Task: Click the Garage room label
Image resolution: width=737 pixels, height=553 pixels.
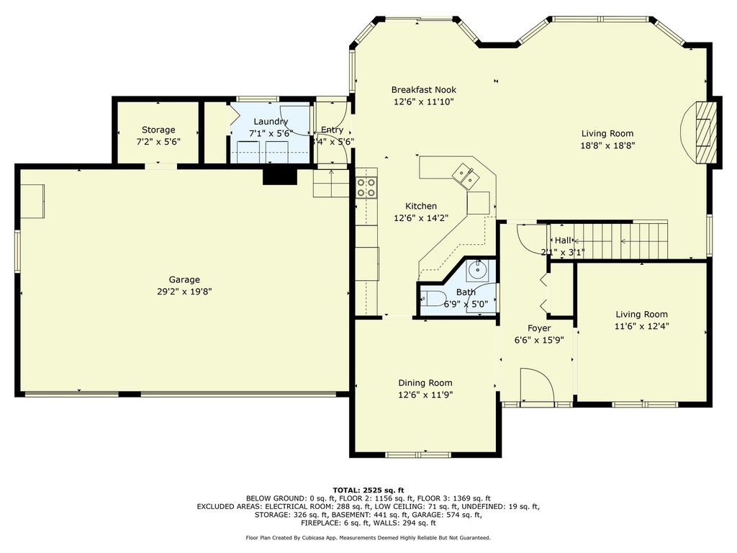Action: tap(184, 279)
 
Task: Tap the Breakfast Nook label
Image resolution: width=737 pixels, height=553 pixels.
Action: tap(423, 89)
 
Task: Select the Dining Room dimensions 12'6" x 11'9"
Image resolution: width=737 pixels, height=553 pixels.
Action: tap(425, 395)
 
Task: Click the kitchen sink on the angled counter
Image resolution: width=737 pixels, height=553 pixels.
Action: tap(466, 176)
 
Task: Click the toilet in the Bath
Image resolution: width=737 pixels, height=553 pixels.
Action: tap(433, 297)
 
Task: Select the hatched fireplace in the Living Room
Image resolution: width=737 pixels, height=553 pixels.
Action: tap(704, 132)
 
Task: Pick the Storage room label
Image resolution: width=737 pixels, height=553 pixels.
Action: tap(158, 130)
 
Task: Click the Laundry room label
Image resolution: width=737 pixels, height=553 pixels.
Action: tap(271, 121)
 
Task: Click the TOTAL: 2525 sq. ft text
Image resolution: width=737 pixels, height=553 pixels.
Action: tap(368, 490)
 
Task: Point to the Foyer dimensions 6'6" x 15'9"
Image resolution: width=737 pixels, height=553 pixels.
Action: tap(539, 340)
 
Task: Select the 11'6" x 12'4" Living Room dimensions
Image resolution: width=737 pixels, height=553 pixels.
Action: tap(641, 326)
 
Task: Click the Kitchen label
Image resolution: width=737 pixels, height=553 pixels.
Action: tap(421, 206)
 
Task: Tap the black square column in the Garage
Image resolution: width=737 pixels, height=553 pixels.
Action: tap(280, 177)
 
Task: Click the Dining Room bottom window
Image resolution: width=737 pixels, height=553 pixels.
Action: tap(418, 454)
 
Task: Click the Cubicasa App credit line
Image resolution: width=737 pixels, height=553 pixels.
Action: tap(368, 537)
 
